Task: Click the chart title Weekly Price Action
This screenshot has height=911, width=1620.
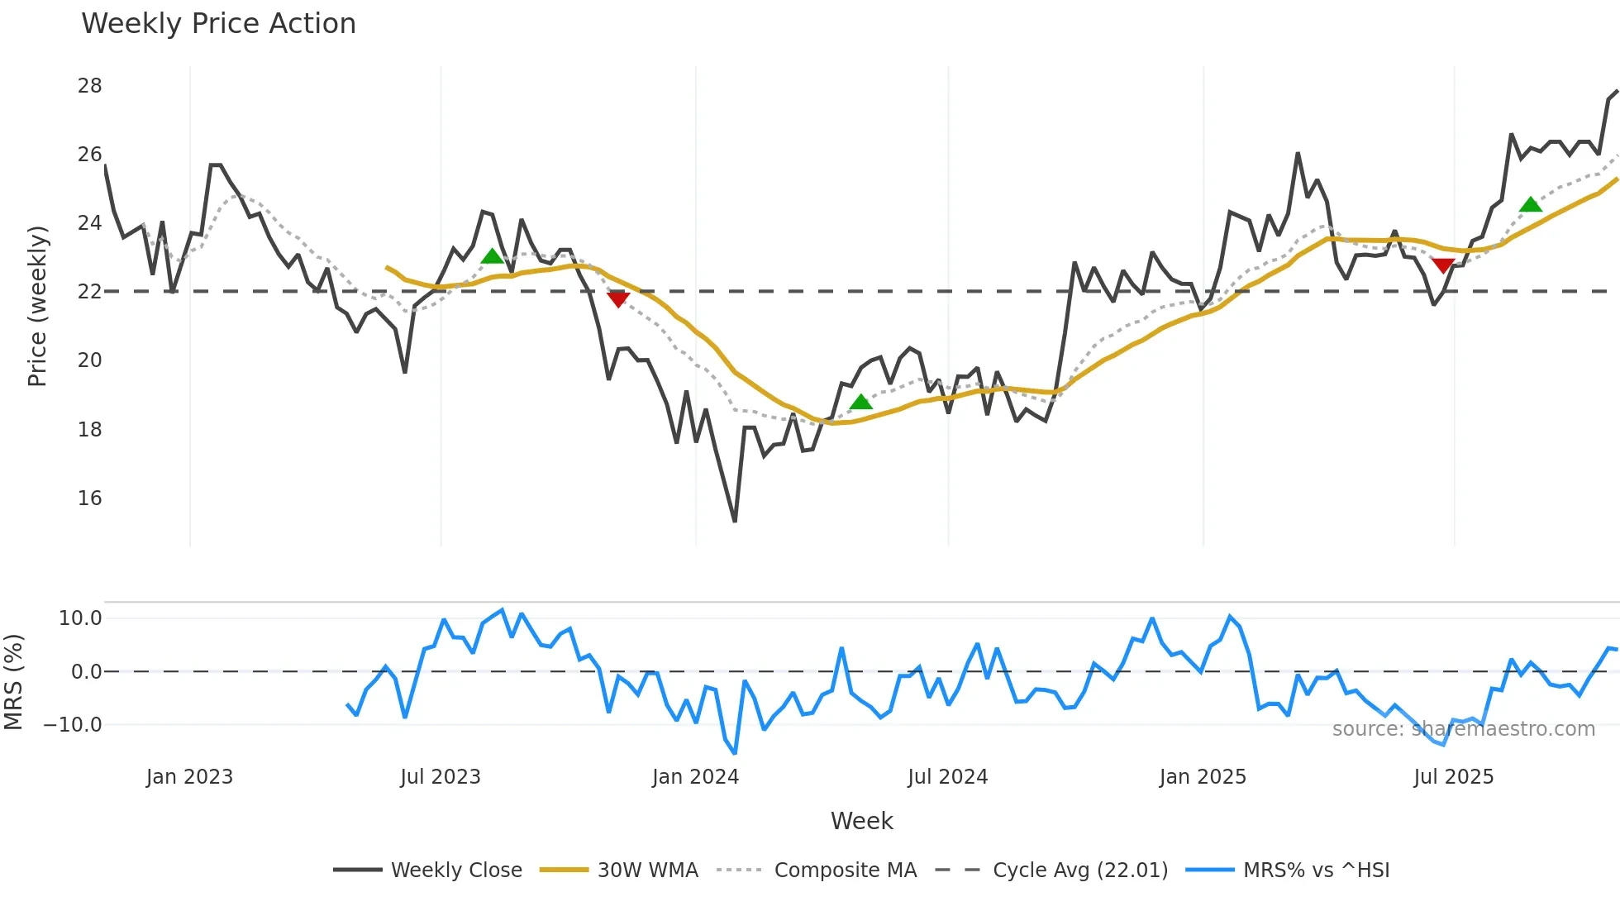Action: (218, 24)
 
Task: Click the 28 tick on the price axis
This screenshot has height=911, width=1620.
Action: (90, 86)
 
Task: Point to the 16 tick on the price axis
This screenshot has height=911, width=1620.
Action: (90, 498)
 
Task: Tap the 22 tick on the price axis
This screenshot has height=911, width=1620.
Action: (90, 292)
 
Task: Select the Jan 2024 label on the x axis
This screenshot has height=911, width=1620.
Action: (695, 777)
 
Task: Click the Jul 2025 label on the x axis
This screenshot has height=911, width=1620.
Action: (1453, 777)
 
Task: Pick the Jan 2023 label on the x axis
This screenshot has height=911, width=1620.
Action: (189, 777)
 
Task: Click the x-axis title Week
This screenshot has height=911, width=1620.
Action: (861, 821)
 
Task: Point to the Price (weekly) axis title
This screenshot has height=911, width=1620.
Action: (37, 306)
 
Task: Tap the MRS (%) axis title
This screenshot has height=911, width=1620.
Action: (14, 682)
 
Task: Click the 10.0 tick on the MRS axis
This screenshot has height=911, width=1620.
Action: (80, 618)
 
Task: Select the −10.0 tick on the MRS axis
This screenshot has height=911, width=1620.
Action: (73, 725)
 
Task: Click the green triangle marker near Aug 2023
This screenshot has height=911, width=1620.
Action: (492, 256)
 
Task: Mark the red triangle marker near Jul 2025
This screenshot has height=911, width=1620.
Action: (1443, 265)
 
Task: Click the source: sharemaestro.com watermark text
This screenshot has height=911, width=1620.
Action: (1463, 729)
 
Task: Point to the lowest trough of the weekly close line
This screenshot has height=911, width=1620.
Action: (735, 521)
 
